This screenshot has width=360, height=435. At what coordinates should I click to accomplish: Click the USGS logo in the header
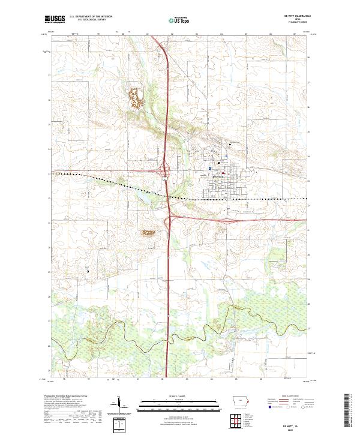tap(55, 20)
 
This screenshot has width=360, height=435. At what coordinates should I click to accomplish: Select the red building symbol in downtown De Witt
tap(223, 175)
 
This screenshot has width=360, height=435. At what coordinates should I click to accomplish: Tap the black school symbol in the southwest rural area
tap(88, 271)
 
